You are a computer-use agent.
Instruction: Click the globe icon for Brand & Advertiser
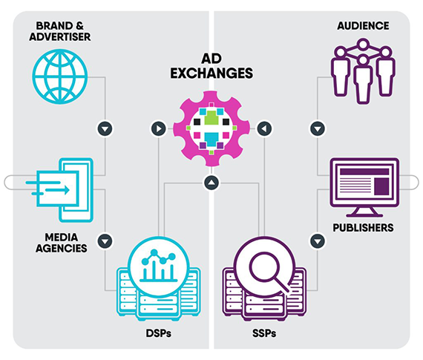tap(60, 76)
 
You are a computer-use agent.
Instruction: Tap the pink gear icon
tap(211, 128)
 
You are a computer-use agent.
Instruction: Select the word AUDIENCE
tap(363, 26)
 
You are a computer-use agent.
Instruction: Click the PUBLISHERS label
tap(363, 228)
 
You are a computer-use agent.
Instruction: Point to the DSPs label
tap(159, 333)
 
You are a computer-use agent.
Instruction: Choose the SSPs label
tap(264, 333)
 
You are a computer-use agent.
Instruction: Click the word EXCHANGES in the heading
tap(211, 73)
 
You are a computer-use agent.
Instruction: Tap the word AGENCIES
tap(62, 248)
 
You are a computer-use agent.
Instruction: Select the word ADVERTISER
tap(60, 36)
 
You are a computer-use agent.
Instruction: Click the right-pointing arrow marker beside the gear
tap(159, 128)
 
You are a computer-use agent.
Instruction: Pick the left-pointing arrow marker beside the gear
tap(264, 128)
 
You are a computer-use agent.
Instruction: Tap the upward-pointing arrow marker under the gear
tap(211, 183)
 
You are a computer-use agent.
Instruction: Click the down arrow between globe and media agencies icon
tap(105, 128)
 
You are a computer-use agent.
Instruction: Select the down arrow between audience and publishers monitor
tap(318, 128)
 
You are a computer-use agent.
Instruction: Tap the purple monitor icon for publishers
tap(364, 187)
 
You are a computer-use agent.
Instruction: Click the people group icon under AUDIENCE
tap(363, 71)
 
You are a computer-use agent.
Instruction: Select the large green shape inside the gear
tap(211, 118)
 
